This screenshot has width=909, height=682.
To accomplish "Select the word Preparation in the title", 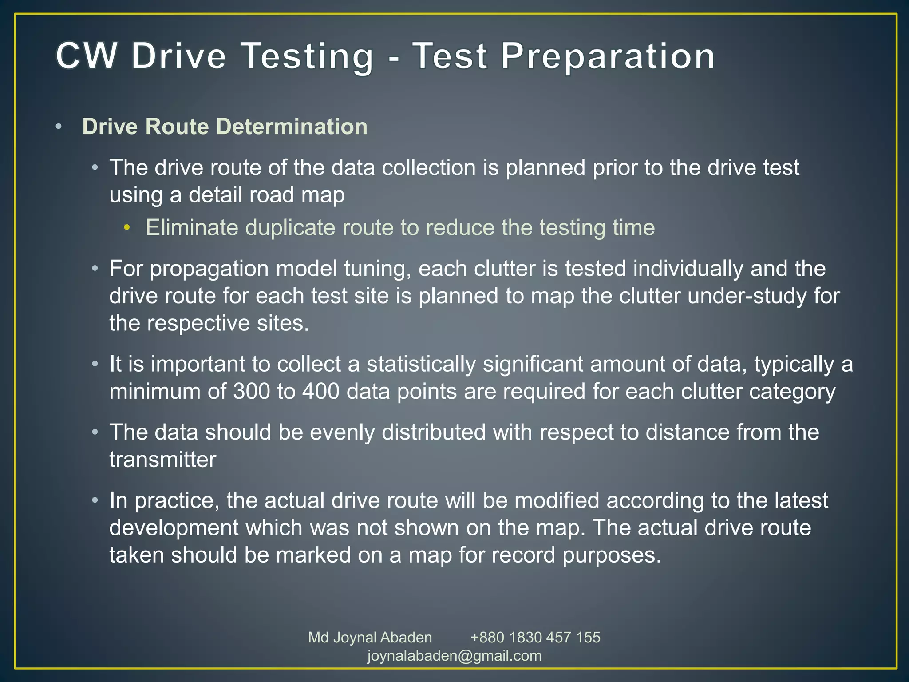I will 608,56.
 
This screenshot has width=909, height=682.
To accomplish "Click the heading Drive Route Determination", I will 225,127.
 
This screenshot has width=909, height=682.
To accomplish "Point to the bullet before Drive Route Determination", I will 59,127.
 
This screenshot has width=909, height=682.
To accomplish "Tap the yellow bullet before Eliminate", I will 127,228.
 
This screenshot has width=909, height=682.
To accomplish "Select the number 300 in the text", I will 252,392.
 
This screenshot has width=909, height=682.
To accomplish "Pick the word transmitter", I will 163,460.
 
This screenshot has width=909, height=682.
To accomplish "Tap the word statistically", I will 421,364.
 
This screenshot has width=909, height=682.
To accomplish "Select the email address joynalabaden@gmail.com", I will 454,656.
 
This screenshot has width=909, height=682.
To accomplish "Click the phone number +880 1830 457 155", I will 535,638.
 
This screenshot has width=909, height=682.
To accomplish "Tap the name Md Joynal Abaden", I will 370,638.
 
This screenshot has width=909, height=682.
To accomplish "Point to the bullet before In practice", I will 95,501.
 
